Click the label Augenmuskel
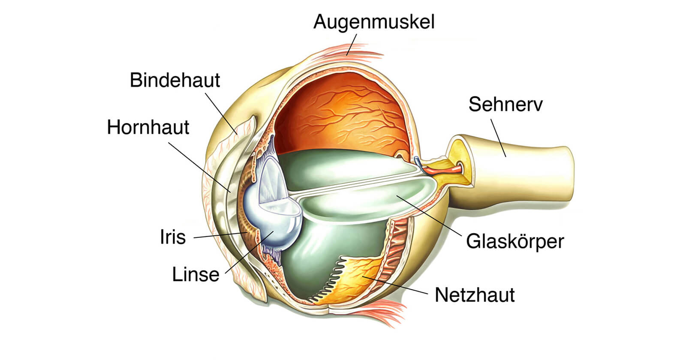click(x=374, y=21)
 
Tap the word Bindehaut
click(x=175, y=80)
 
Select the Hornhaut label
click(x=148, y=127)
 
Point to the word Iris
click(x=173, y=237)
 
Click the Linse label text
click(x=196, y=274)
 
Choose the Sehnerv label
click(x=505, y=104)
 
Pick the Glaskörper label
click(x=514, y=241)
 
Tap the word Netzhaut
click(x=475, y=295)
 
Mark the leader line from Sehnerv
click(x=498, y=138)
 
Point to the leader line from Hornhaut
click(x=199, y=167)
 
